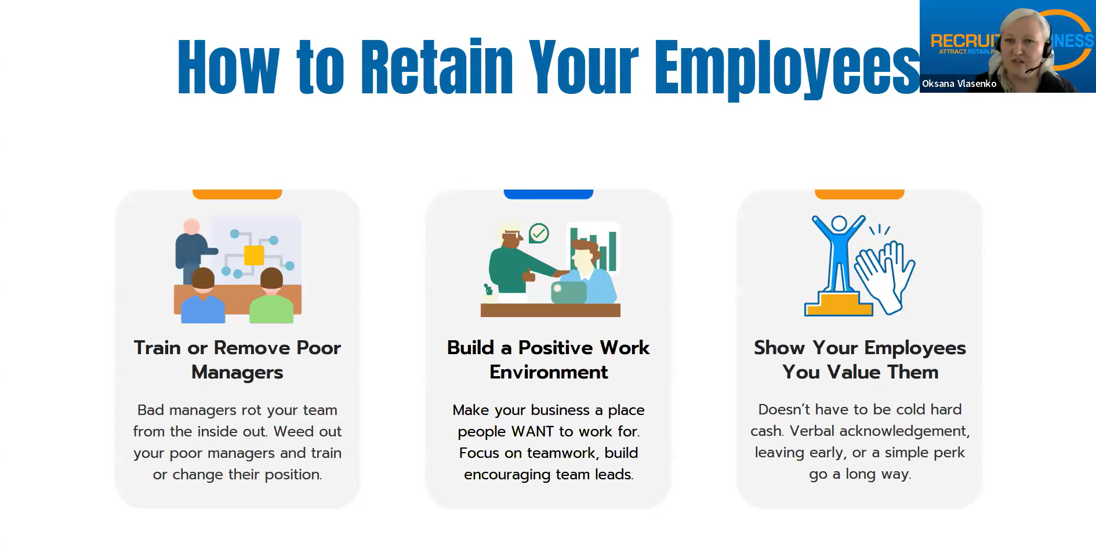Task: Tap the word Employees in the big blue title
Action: point(787,69)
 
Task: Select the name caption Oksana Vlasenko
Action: point(959,83)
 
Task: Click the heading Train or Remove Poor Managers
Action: point(237,360)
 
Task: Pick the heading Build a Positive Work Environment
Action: point(549,360)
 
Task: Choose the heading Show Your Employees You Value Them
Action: point(860,360)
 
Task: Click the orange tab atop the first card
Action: point(237,194)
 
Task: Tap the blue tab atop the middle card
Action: point(549,194)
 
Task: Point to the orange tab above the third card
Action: point(859,194)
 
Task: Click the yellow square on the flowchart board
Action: point(254,255)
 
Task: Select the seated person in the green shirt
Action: point(271,296)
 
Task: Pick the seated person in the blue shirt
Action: point(203,296)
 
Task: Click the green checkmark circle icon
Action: point(539,233)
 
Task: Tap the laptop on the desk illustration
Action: point(568,292)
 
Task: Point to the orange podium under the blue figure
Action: point(839,304)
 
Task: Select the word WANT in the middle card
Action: point(532,432)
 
